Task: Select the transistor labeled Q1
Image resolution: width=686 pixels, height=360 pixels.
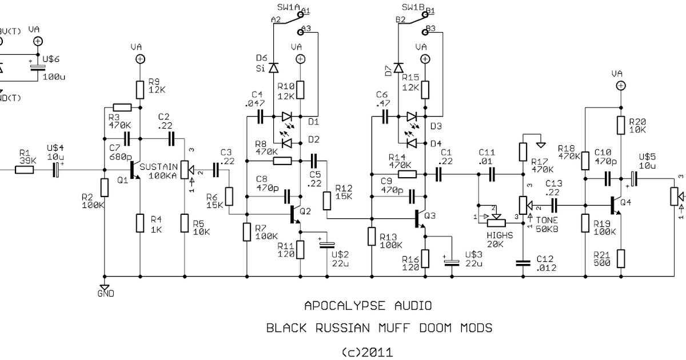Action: (135, 170)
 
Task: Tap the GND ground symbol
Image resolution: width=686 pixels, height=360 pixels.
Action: (105, 287)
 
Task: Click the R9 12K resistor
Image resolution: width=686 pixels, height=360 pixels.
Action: (139, 89)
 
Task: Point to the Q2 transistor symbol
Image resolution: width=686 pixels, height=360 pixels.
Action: (294, 214)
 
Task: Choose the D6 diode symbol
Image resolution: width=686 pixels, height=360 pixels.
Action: (273, 68)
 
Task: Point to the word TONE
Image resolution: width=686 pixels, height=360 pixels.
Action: (543, 220)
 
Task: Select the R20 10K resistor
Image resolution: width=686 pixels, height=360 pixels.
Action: (621, 126)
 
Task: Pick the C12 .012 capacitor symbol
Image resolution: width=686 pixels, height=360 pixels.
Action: (523, 263)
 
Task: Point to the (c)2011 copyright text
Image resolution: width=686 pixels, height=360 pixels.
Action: (366, 352)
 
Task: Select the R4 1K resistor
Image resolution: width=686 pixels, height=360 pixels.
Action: (140, 222)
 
